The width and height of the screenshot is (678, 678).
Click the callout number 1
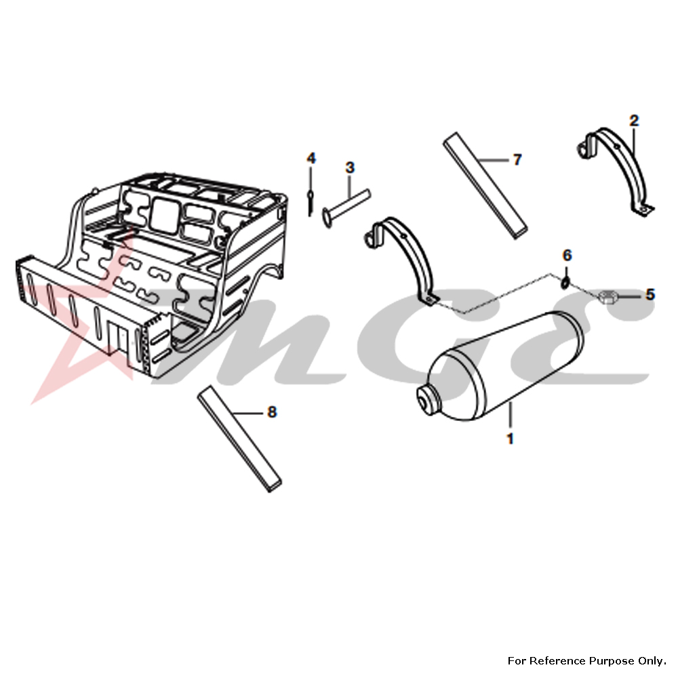[x=510, y=439]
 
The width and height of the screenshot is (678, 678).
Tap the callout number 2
[x=634, y=121]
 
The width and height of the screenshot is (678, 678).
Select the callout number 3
[x=350, y=167]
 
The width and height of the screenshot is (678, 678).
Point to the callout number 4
[x=311, y=158]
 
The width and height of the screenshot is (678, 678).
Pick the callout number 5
[x=650, y=294]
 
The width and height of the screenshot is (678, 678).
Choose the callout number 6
[x=567, y=255]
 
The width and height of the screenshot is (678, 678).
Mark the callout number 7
[x=517, y=160]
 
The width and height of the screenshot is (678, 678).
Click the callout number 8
[x=272, y=412]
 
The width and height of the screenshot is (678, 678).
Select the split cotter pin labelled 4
[x=311, y=202]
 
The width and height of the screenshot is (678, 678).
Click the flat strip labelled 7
[x=485, y=186]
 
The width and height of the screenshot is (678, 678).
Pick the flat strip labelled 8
[x=239, y=439]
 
